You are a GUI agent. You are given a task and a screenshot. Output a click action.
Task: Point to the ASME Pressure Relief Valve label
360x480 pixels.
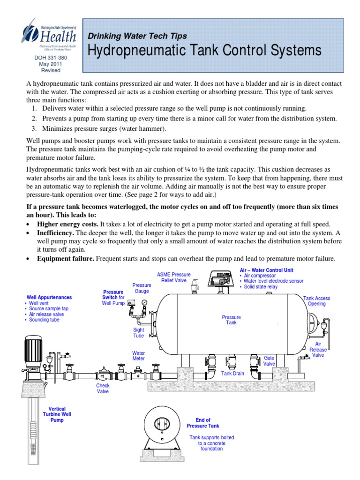173,277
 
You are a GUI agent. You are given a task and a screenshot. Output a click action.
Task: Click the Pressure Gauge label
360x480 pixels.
142,288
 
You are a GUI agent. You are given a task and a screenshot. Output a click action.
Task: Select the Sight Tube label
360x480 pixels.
139,333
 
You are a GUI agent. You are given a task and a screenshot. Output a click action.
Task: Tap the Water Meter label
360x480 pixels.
139,355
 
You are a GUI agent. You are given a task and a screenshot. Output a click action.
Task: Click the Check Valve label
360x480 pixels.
103,389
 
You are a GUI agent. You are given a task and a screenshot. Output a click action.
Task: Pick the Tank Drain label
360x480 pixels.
233,374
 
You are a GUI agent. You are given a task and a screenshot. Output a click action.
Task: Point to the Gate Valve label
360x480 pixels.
269,360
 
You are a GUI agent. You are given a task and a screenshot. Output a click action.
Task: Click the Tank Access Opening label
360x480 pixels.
316,301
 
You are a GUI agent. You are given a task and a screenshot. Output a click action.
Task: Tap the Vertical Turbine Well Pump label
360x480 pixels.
56,414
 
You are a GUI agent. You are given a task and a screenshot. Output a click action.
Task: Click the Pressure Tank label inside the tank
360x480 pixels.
231,320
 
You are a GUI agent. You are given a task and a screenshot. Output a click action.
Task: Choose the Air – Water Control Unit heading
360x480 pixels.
267,270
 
